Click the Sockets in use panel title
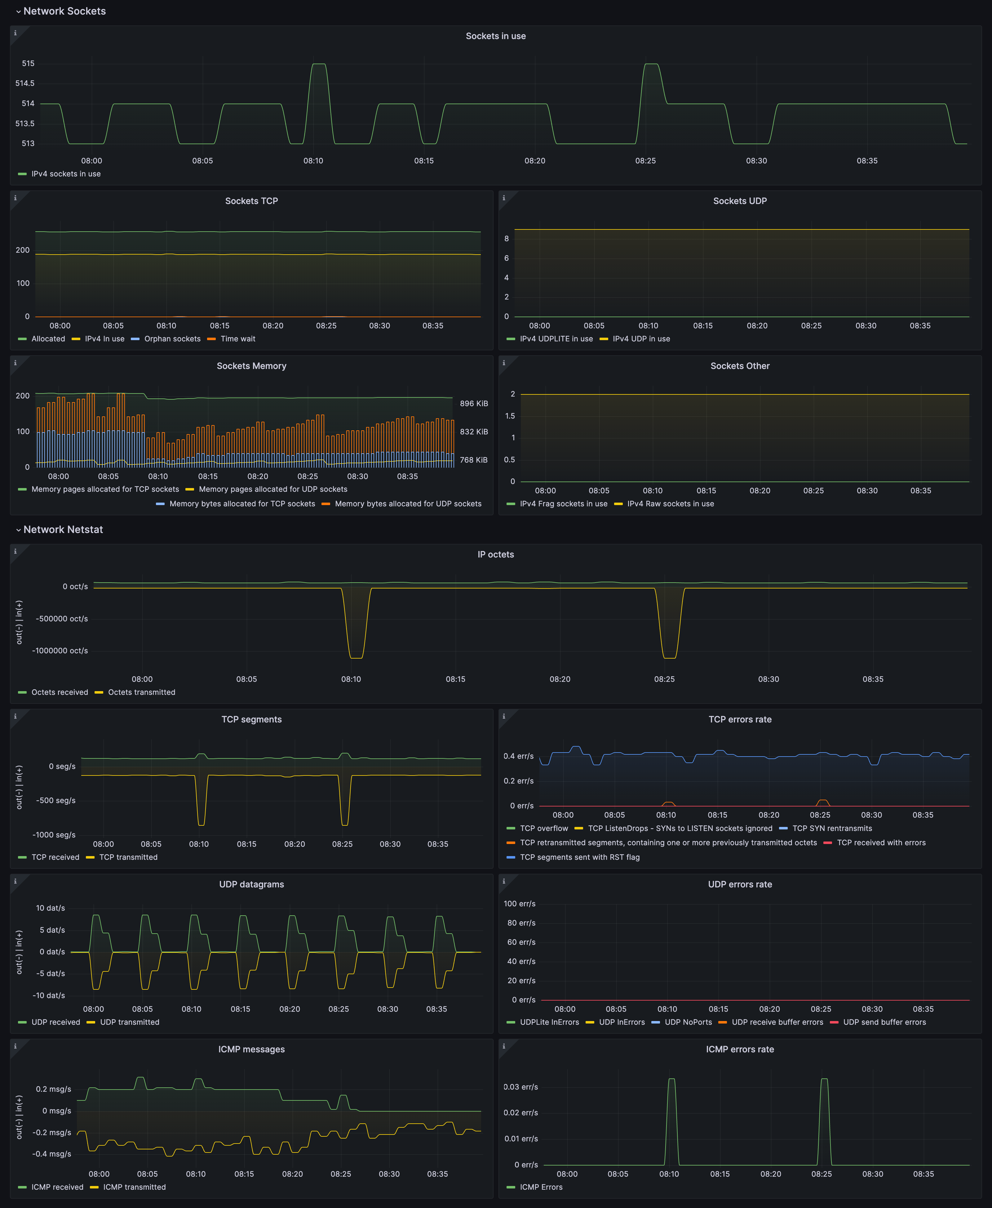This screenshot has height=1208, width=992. [x=495, y=36]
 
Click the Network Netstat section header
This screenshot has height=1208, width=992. [x=63, y=530]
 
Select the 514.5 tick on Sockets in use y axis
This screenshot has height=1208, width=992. [x=24, y=83]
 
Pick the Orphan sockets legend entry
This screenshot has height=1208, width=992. [x=172, y=339]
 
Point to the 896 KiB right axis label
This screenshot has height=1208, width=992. [x=474, y=403]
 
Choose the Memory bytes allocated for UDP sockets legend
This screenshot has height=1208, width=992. [x=408, y=504]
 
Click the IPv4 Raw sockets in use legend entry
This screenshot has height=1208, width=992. [x=670, y=504]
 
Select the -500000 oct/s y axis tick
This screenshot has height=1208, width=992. [x=62, y=619]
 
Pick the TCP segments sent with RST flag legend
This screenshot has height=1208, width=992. [x=579, y=857]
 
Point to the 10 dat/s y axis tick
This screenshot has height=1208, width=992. [x=50, y=908]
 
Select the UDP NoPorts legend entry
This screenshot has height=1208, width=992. [x=688, y=1022]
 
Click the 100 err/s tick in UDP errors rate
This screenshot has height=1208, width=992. [x=520, y=904]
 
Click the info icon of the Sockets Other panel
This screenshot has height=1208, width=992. [x=503, y=363]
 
